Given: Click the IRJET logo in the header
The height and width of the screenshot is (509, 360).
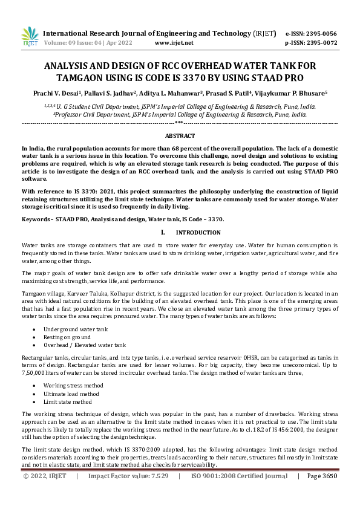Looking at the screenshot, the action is pos(29,36).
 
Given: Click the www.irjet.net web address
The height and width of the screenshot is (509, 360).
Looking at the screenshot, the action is pos(174,44).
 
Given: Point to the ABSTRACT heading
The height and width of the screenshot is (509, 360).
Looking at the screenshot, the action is pos(180,136).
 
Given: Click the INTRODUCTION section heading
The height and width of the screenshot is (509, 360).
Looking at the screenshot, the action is pos(198,233).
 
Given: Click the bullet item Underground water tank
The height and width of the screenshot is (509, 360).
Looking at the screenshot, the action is pos(76,329).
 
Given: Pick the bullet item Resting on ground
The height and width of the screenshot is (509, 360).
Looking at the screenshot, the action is pos(68,337).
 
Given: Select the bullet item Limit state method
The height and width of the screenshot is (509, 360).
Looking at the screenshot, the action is pos(68,401).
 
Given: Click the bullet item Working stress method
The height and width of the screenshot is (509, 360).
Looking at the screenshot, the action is pos(73,385).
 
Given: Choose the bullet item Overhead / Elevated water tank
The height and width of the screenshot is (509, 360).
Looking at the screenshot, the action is pos(85,345).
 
